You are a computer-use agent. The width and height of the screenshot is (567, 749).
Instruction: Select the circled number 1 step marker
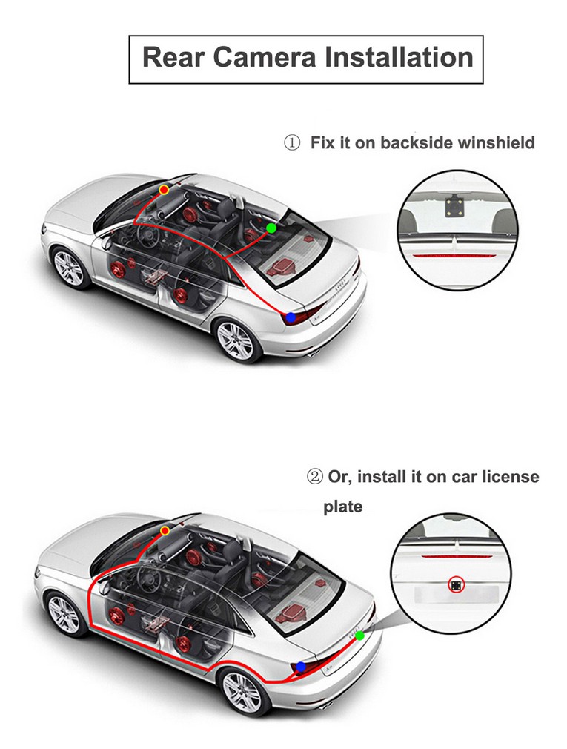tap(292, 142)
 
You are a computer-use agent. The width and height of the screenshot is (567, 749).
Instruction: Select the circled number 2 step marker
tap(315, 476)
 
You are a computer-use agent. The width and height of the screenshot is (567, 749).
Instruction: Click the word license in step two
tap(505, 476)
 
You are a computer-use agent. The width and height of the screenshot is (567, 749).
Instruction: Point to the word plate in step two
tap(342, 507)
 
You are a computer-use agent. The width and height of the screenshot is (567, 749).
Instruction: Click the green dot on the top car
tap(271, 228)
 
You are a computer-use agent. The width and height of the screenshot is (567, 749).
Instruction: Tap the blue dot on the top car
tap(291, 317)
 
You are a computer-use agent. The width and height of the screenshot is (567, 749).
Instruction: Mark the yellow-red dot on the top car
tap(164, 190)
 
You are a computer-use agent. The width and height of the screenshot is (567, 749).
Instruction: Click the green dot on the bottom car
tap(360, 636)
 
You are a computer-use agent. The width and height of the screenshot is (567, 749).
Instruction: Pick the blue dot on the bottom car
tap(300, 667)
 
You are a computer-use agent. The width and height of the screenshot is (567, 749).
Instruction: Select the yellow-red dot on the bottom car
tap(165, 531)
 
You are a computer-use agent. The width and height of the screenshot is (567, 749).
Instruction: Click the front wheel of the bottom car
tap(64, 613)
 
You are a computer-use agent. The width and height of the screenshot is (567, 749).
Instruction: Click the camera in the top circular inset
tap(453, 205)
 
